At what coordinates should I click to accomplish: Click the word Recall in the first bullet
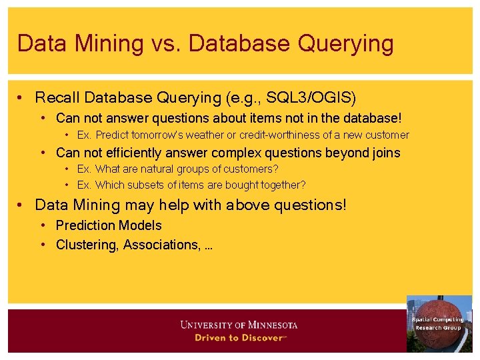tap(57, 98)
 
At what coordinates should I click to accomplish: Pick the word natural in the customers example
tap(160, 169)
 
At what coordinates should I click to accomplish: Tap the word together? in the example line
tap(282, 185)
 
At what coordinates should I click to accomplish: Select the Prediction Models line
tap(109, 225)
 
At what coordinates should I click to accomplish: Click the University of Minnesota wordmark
tap(239, 325)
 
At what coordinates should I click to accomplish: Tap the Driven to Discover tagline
tap(239, 338)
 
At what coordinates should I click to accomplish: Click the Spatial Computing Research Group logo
tap(438, 323)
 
